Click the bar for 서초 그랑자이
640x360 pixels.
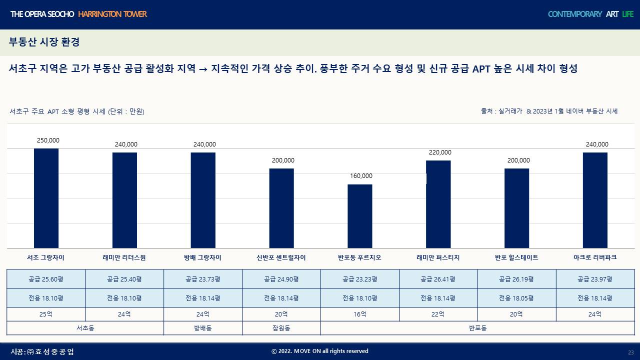[x=46, y=198]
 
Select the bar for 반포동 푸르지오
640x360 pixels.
[x=360, y=216]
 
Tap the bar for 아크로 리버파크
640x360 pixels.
[x=595, y=200]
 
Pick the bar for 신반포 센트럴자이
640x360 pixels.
[x=281, y=208]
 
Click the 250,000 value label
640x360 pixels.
[x=48, y=140]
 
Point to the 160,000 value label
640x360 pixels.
[x=361, y=176]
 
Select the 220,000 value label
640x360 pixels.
[x=440, y=152]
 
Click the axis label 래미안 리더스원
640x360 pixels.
[x=124, y=257]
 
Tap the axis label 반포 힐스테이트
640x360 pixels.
[x=516, y=257]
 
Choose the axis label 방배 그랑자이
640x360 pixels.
[x=202, y=257]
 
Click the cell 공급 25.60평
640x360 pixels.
[x=46, y=279]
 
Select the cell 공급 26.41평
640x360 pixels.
[x=438, y=279]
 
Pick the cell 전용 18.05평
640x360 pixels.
[x=516, y=298]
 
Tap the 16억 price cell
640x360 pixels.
[x=359, y=314]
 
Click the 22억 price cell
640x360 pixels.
[x=438, y=314]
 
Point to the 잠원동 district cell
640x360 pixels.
[x=281, y=328]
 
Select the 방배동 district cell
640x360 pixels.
[x=202, y=328]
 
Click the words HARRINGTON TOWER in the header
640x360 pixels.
[x=112, y=14]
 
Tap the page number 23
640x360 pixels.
[x=630, y=352]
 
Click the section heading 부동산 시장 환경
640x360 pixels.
[x=44, y=42]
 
